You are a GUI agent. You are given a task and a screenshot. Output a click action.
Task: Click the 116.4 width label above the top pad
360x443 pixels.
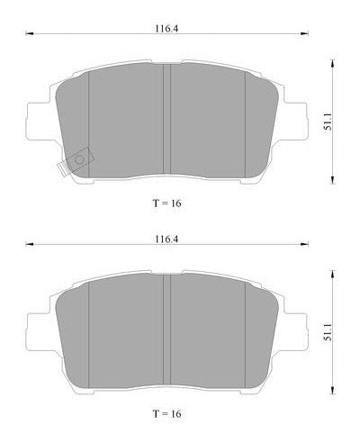(166, 29)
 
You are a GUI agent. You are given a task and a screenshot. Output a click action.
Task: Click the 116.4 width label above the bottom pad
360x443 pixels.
(166, 240)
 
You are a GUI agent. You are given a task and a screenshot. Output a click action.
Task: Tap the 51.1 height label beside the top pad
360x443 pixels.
(328, 122)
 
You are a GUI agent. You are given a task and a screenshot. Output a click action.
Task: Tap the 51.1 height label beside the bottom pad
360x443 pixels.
(328, 332)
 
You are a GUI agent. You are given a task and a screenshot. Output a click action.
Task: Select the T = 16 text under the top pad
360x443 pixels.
(166, 203)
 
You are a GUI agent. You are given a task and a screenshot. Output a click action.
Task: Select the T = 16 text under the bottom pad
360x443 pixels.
(166, 414)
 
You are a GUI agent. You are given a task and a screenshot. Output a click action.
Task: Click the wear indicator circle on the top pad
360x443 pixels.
(79, 159)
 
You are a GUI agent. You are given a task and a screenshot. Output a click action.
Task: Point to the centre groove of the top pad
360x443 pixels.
(166, 119)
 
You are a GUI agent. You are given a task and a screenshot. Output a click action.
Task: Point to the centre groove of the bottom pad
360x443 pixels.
(166, 330)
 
